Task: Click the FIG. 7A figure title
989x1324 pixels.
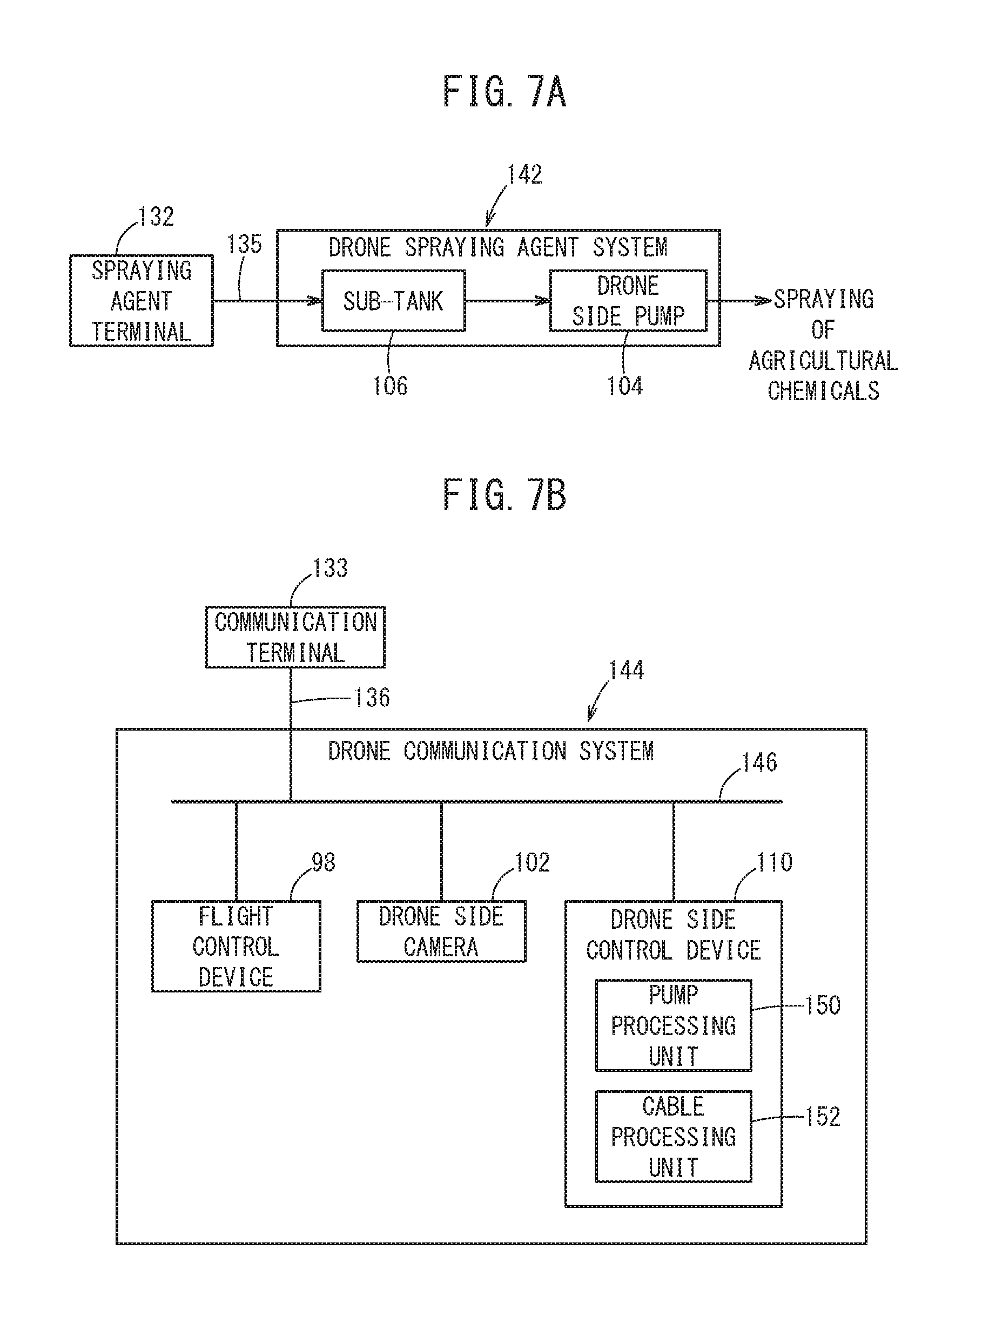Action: [504, 92]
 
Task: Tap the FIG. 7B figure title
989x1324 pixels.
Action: [504, 495]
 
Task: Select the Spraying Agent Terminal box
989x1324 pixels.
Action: [142, 300]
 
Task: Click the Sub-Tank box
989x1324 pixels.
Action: [393, 300]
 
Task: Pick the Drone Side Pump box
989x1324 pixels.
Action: [628, 300]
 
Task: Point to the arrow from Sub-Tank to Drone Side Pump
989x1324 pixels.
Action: [507, 300]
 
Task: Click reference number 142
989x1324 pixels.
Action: [524, 175]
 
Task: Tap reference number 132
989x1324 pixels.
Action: [156, 217]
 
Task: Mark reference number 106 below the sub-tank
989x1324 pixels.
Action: [390, 386]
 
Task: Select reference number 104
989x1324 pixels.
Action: [624, 386]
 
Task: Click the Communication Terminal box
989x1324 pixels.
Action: [295, 637]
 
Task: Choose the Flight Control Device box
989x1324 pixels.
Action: [236, 947]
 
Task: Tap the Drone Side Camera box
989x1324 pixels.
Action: [441, 931]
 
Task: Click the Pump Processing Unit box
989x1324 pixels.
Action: [674, 1025]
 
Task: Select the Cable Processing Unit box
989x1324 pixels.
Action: [674, 1137]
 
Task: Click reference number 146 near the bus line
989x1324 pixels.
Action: [759, 762]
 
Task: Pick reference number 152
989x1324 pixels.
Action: [823, 1117]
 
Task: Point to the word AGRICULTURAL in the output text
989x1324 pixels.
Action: [823, 361]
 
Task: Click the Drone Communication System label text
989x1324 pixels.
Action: [491, 751]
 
